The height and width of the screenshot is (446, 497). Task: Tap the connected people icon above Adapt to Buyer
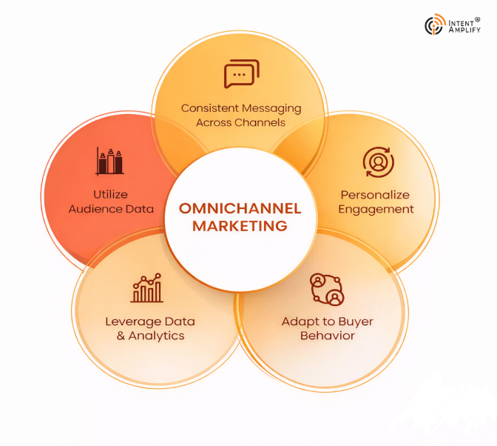[x=327, y=289]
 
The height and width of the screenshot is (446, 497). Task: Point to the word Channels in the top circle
[x=261, y=122]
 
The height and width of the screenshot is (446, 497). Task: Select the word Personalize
[x=376, y=195]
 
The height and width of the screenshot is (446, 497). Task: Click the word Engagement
[x=376, y=209]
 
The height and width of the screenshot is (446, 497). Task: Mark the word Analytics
[x=156, y=336]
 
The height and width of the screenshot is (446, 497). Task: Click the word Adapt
[x=298, y=322]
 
